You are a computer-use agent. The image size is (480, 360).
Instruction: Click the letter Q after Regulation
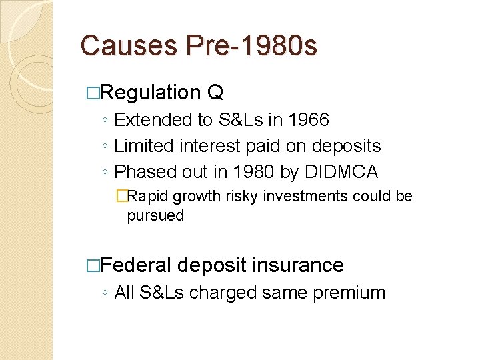(x=215, y=92)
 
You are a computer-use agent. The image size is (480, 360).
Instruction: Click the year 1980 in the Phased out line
(x=253, y=172)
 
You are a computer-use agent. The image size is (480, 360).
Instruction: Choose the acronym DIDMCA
(x=340, y=172)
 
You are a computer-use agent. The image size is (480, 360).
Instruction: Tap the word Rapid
(x=148, y=197)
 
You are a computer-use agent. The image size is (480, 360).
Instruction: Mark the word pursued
(x=155, y=215)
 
